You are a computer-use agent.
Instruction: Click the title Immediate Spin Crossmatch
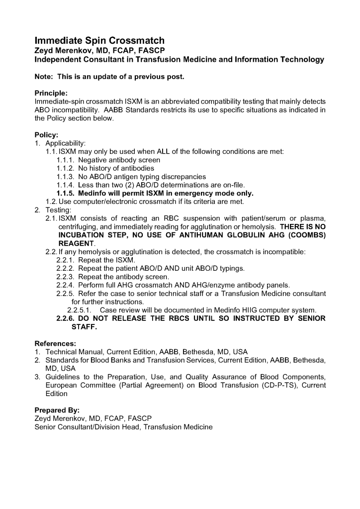click(x=99, y=40)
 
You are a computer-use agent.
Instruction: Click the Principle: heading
click(x=51, y=93)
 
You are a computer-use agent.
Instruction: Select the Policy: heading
click(x=46, y=135)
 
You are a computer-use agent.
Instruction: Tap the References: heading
click(x=55, y=343)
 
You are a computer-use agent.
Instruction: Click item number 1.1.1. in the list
click(x=65, y=160)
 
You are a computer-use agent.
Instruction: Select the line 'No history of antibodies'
click(x=116, y=168)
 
